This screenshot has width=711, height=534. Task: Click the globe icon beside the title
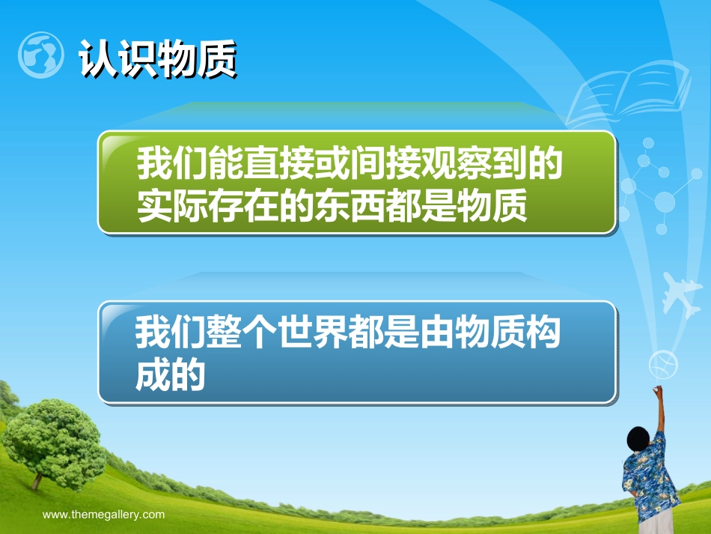pos(40,55)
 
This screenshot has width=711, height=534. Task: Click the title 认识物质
pos(157,58)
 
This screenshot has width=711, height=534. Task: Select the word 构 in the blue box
pos(543,333)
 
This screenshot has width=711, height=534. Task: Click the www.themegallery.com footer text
pos(103,515)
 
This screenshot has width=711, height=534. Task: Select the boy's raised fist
pos(658,392)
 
